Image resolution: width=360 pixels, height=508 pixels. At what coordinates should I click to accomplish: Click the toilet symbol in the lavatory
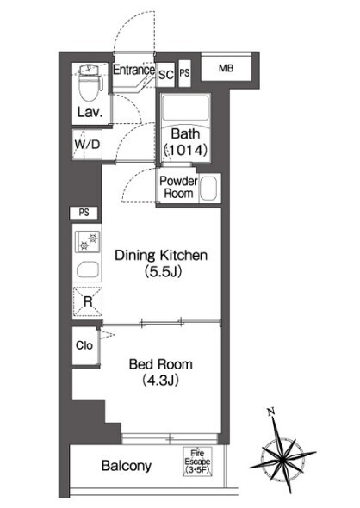[90, 83]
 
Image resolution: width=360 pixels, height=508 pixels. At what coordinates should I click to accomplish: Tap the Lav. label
[90, 113]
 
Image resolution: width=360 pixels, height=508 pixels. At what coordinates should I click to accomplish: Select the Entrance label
[133, 70]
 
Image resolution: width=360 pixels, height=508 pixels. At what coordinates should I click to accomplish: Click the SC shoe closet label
[166, 75]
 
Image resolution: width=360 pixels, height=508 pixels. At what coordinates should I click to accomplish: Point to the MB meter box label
[227, 68]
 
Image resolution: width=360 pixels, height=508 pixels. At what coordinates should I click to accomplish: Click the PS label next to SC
[184, 72]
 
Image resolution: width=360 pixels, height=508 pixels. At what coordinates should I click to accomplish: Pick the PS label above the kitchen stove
[84, 213]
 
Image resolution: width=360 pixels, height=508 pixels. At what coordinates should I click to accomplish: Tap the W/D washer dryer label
[87, 144]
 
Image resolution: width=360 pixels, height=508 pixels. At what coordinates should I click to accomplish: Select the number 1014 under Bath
[185, 150]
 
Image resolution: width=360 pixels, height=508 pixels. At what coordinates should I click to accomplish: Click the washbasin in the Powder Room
[208, 189]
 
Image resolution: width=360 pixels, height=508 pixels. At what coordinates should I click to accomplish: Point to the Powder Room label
[178, 187]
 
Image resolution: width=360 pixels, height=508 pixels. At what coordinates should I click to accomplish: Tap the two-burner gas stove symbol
[88, 242]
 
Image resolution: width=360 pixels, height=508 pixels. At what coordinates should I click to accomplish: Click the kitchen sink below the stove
[88, 269]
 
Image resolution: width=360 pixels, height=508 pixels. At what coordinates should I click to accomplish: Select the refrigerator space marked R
[88, 301]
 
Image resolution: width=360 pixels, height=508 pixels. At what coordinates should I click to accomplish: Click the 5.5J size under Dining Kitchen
[163, 271]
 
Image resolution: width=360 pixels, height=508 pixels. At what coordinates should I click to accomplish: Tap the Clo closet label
[84, 345]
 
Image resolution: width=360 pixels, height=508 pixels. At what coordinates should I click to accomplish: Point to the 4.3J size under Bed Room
[161, 381]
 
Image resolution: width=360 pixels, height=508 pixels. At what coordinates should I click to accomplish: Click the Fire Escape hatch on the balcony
[197, 462]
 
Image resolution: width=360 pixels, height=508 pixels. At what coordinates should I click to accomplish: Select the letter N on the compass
[271, 412]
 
